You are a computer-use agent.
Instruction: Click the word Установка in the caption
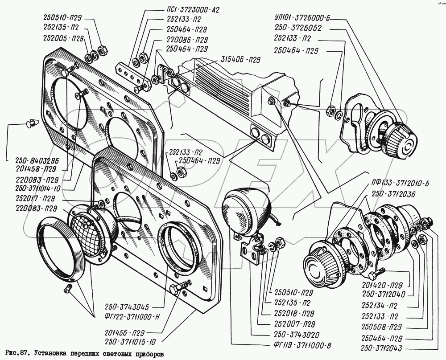pos(50,355)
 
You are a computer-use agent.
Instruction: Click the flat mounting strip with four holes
pos(132,75)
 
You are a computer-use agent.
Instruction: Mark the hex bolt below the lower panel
pos(178,288)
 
